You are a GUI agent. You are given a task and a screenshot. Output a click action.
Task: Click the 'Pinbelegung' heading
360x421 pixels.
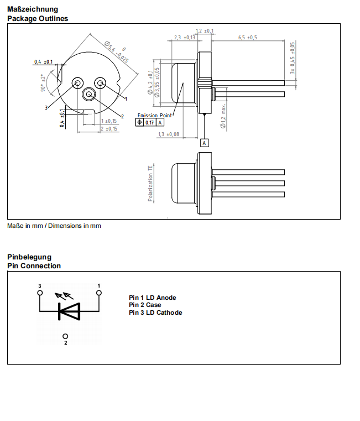click(29, 257)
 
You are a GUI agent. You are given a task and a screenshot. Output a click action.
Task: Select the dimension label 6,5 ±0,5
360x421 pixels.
click(248, 38)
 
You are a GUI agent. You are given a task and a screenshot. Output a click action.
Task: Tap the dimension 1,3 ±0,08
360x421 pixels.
click(168, 134)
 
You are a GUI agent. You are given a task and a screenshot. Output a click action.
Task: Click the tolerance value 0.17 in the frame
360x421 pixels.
click(150, 122)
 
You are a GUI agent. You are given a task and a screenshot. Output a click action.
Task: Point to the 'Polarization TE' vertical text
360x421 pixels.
click(150, 183)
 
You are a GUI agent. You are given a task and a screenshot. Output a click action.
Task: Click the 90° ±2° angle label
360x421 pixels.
click(43, 84)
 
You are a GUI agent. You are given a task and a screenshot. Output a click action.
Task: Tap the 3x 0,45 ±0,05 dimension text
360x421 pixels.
click(293, 58)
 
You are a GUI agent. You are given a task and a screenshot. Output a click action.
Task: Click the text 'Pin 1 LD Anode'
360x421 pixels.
click(153, 298)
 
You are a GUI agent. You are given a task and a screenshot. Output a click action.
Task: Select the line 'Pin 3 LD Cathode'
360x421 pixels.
click(155, 313)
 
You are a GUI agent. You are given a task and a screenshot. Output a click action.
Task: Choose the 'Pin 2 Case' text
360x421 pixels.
click(145, 305)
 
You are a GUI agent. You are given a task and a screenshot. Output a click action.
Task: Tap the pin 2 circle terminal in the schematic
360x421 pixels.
click(66, 336)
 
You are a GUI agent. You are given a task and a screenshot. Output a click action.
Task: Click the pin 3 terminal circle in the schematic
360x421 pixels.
click(40, 293)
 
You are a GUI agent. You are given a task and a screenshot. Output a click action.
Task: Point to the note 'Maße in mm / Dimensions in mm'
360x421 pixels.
click(54, 226)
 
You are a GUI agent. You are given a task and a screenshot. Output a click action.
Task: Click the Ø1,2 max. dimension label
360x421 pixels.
click(223, 116)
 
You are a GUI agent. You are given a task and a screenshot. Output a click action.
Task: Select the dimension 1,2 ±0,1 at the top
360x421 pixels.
click(205, 31)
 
